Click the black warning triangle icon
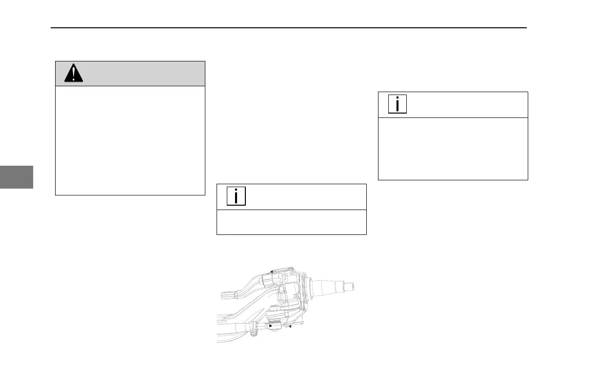click(74, 74)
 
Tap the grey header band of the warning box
click(141, 74)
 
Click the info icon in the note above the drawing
click(237, 196)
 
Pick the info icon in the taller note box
click(398, 104)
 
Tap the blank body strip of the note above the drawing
click(291, 222)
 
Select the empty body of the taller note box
click(453, 149)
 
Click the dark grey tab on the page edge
click(16, 176)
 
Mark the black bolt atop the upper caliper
click(271, 270)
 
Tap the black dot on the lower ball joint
click(270, 325)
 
